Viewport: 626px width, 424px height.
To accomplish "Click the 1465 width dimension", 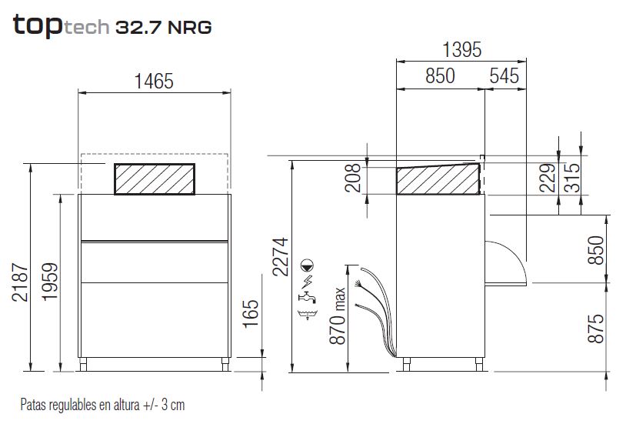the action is click(x=154, y=82).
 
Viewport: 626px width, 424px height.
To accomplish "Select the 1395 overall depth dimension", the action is click(x=461, y=50).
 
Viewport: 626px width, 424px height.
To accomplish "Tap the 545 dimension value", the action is click(x=504, y=76).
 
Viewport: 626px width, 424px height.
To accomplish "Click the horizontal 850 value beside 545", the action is click(x=440, y=76).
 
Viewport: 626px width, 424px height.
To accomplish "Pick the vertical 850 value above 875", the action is click(x=596, y=250).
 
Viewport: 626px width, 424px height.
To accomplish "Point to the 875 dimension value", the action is click(x=596, y=328).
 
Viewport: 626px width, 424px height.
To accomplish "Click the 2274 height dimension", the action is click(x=280, y=256).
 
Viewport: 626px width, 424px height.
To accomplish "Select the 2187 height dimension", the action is click(x=20, y=282).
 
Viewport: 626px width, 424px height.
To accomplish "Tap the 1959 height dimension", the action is click(x=50, y=282).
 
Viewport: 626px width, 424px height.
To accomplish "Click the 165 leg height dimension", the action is click(x=251, y=314).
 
